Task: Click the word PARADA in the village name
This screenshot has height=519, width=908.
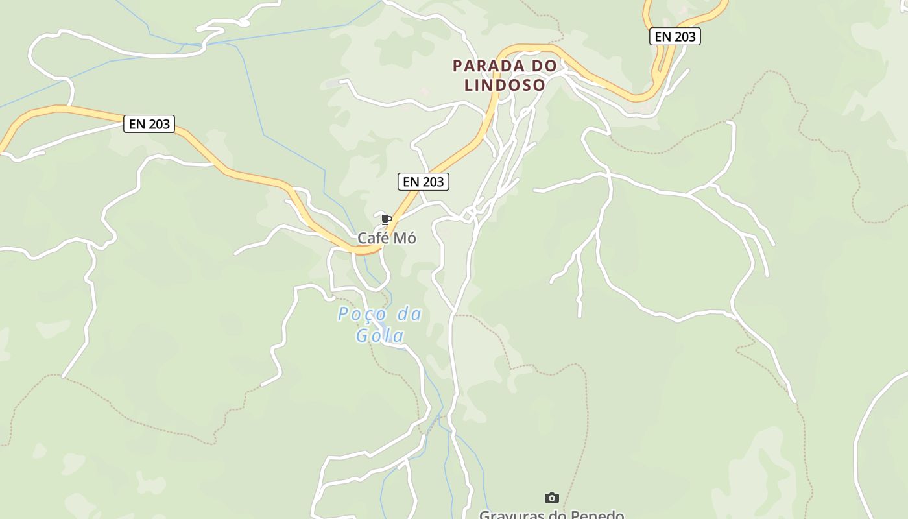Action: pyautogui.click(x=484, y=66)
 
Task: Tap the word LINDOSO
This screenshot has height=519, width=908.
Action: pyautogui.click(x=505, y=85)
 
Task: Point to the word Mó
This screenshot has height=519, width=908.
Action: pyautogui.click(x=405, y=238)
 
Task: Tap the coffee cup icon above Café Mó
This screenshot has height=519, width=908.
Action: pyautogui.click(x=387, y=219)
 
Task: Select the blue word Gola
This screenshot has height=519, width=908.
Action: pyautogui.click(x=380, y=335)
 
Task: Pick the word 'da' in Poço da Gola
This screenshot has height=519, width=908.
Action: pyautogui.click(x=409, y=315)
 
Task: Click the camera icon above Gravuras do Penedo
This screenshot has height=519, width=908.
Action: pyautogui.click(x=551, y=498)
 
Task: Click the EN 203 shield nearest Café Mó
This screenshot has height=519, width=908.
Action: pyautogui.click(x=423, y=182)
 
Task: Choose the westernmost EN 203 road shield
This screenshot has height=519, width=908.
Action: pyautogui.click(x=149, y=124)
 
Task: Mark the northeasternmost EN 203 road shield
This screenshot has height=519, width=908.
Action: pyautogui.click(x=675, y=36)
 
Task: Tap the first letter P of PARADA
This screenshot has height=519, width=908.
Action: pyautogui.click(x=457, y=66)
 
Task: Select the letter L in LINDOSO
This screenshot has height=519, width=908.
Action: pyautogui.click(x=468, y=85)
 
